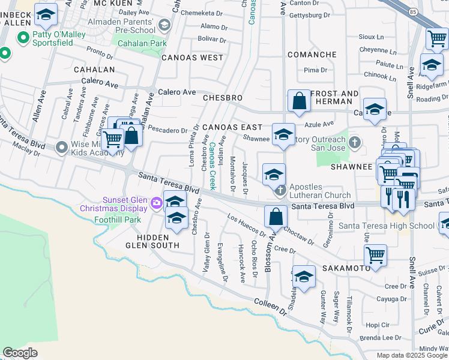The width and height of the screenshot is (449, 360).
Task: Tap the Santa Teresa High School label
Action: coord(387,226)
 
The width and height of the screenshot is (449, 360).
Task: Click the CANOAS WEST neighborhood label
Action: coord(191,58)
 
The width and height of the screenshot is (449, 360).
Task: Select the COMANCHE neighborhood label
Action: coord(312,55)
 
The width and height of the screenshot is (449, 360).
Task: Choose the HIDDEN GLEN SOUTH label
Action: coord(152,245)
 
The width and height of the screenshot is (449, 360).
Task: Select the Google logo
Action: coord(20,353)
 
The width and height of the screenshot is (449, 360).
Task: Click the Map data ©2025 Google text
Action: coord(412,355)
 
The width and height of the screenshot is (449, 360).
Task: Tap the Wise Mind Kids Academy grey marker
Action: coord(61,147)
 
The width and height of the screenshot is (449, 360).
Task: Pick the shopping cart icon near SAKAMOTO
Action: coord(375,255)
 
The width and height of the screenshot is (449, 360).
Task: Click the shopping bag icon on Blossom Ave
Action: coord(276,215)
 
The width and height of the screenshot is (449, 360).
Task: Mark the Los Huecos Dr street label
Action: coord(246,224)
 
